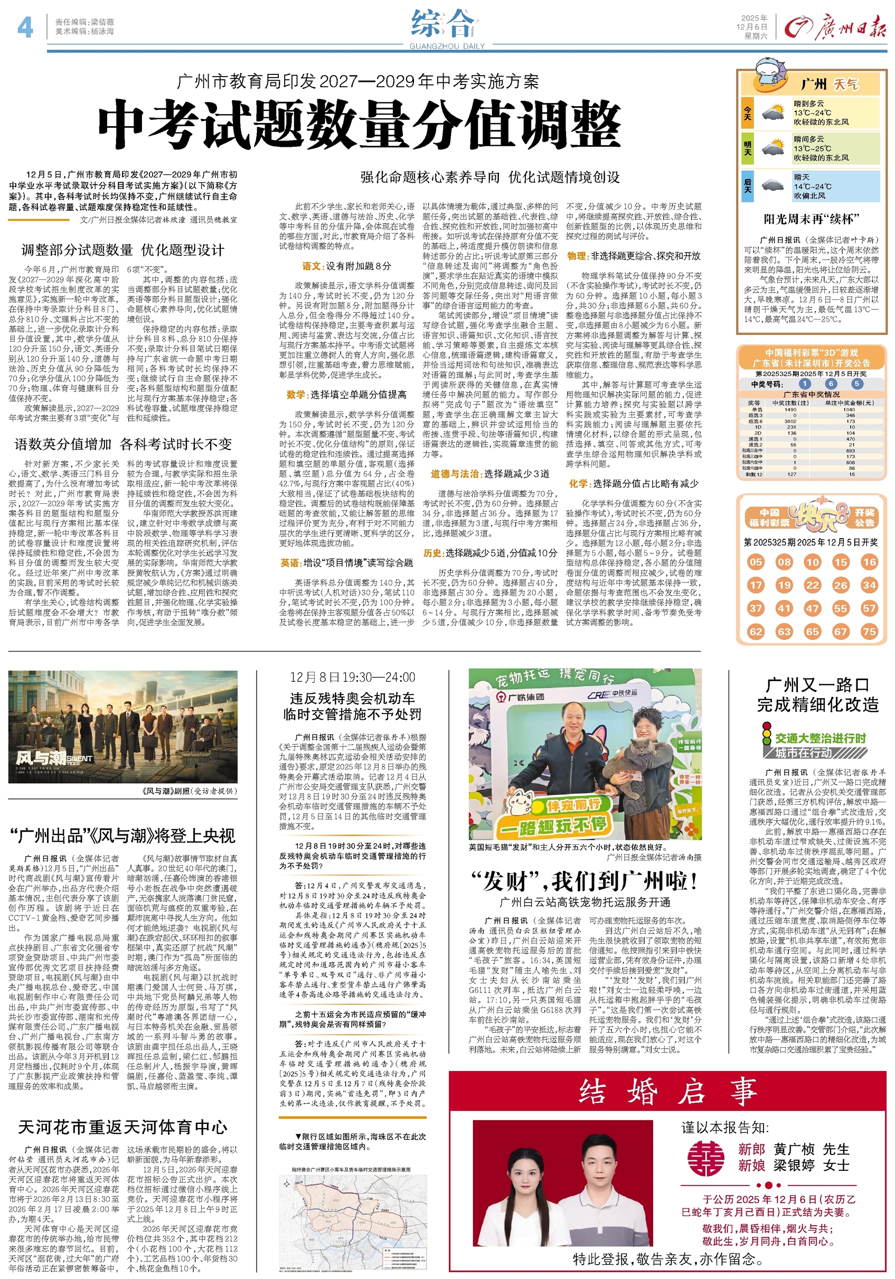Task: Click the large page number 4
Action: click(x=25, y=26)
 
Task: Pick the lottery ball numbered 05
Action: click(x=755, y=561)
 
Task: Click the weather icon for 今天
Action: click(x=772, y=112)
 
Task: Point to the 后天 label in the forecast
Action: click(x=747, y=185)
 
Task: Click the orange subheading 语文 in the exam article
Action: click(x=311, y=266)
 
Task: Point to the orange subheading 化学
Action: click(x=578, y=484)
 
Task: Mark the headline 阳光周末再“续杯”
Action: click(x=811, y=219)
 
